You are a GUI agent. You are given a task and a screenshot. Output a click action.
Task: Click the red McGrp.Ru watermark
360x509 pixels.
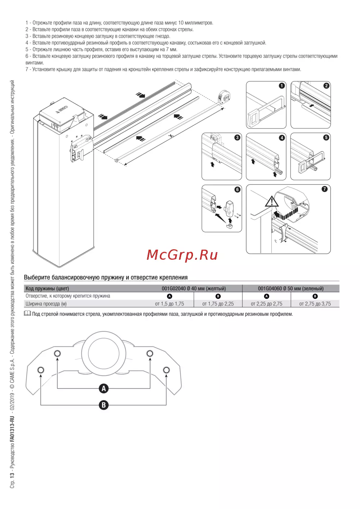tap(182, 255)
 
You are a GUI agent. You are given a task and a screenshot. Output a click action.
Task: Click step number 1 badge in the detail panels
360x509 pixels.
tap(282, 86)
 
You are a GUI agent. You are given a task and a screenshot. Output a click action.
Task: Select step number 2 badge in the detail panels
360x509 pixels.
tap(327, 86)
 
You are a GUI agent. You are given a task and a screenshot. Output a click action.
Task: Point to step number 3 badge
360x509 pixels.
tap(237, 137)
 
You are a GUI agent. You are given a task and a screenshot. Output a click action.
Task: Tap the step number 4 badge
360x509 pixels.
tap(282, 138)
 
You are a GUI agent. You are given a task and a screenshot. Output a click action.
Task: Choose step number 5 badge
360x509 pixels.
tap(326, 137)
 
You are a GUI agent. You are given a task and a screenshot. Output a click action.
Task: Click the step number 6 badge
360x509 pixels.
tap(237, 189)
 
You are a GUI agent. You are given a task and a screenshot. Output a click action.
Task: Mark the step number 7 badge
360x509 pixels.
tap(324, 189)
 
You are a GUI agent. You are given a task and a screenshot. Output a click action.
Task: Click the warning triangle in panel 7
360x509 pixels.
tap(272, 201)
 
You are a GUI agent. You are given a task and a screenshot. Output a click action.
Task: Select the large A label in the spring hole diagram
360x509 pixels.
tap(104, 388)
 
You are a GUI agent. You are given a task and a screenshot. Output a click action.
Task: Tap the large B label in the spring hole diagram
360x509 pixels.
tap(104, 405)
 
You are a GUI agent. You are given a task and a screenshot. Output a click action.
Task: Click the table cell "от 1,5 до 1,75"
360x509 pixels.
tap(170, 304)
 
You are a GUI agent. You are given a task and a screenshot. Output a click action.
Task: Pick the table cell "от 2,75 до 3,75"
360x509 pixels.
tap(315, 304)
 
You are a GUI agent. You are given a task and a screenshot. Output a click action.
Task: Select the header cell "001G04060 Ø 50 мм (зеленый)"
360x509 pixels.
tap(291, 288)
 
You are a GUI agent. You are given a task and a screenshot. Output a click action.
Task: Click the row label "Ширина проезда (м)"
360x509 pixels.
tap(46, 304)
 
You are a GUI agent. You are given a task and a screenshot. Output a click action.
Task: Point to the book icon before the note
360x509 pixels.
tap(27, 314)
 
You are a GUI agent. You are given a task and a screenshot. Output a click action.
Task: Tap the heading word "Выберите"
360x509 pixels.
tap(37, 277)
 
